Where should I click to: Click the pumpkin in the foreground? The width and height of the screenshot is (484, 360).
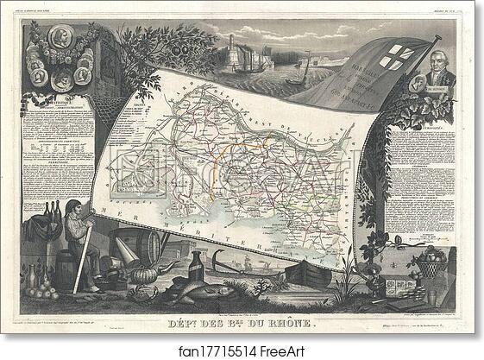(141, 275)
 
